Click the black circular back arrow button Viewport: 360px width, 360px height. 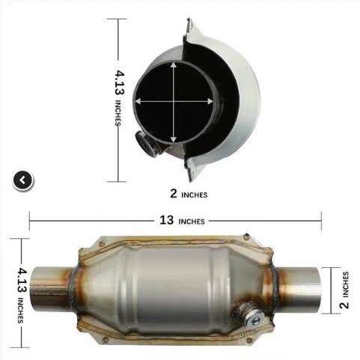point(23,180)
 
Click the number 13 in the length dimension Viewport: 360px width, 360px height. point(167,221)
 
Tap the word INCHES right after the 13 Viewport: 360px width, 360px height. point(192,222)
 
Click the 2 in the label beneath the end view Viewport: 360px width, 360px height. point(174,193)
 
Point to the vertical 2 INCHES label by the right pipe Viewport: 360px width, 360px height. point(345,290)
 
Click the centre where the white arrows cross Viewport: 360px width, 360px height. point(176,101)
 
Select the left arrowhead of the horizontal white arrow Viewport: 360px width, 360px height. point(138,101)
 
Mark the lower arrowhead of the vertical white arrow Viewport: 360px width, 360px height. point(176,141)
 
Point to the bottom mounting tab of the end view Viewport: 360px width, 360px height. point(193,172)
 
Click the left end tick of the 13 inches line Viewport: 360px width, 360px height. point(30,221)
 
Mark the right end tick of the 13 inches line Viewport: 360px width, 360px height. point(321,221)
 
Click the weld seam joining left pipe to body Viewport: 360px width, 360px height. point(75,288)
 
